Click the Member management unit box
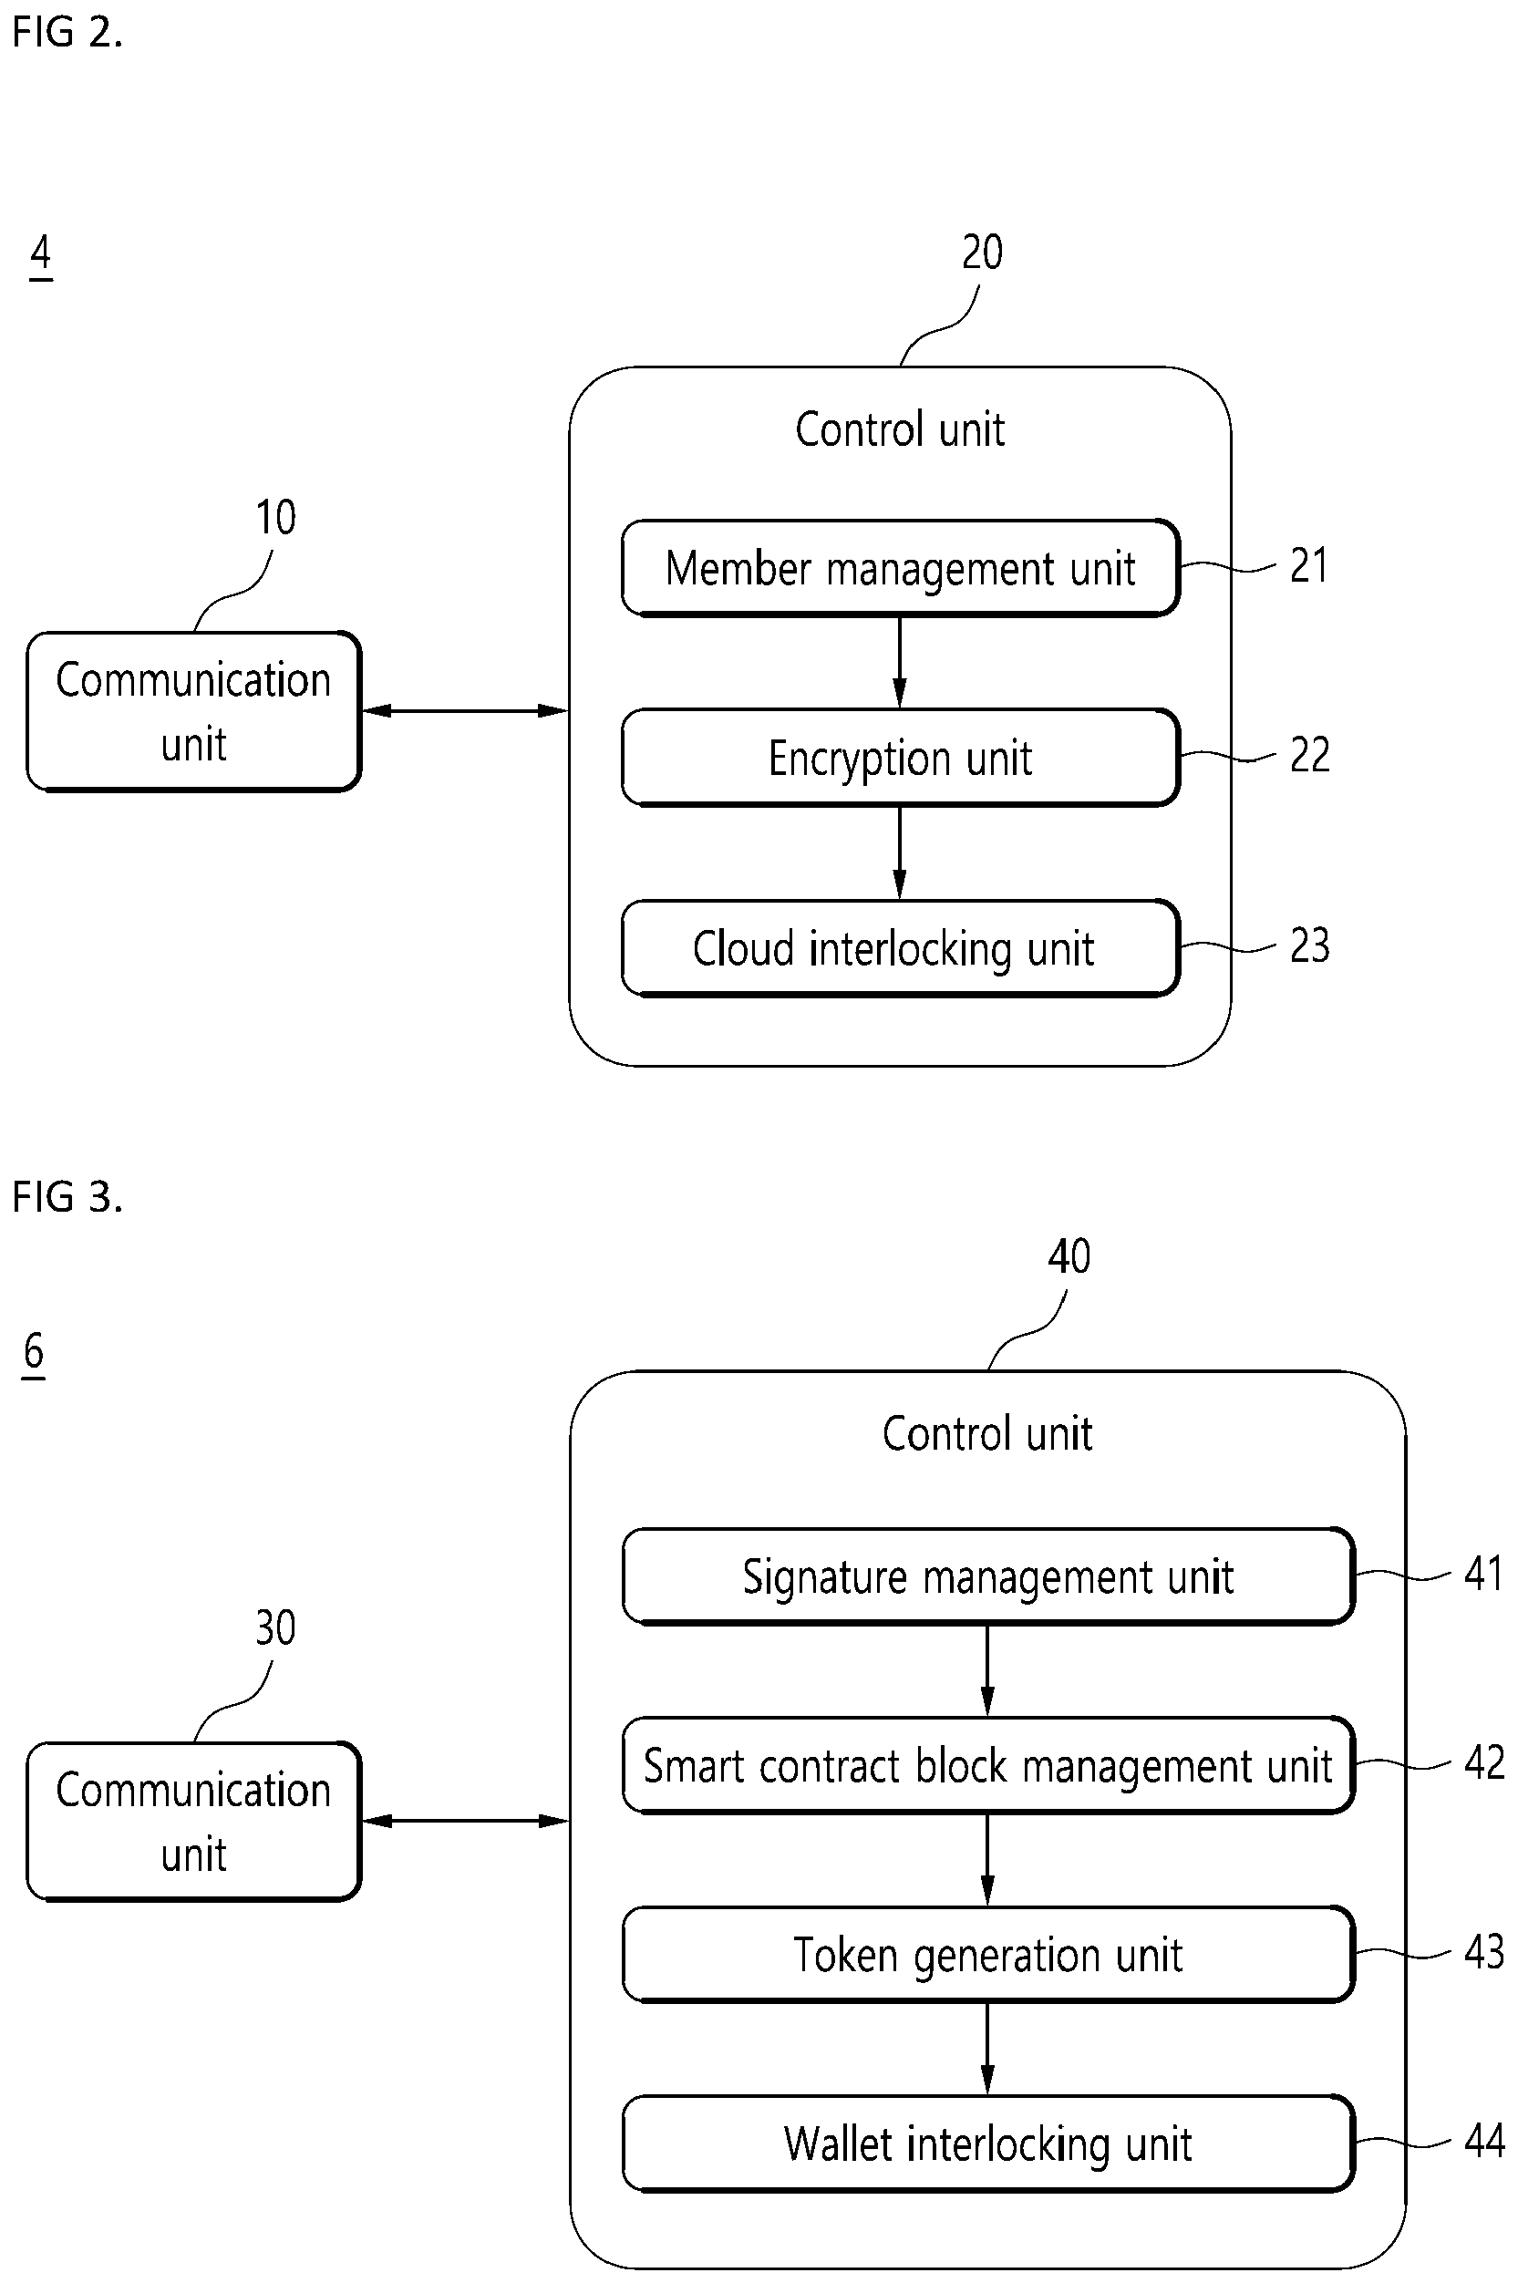[901, 567]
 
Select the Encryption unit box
[901, 757]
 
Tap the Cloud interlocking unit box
[901, 948]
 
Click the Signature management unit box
[987, 1576]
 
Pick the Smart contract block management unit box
[987, 1765]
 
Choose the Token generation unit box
[987, 1954]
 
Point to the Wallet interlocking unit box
[987, 2144]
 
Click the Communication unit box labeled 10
[193, 712]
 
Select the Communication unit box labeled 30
[193, 1821]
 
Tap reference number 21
[1309, 565]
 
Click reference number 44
[1484, 2141]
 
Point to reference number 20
[982, 253]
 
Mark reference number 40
[1069, 1256]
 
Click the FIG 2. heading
[67, 32]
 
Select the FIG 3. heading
[67, 1197]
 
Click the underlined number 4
[41, 254]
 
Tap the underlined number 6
[34, 1351]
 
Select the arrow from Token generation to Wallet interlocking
[987, 2049]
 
